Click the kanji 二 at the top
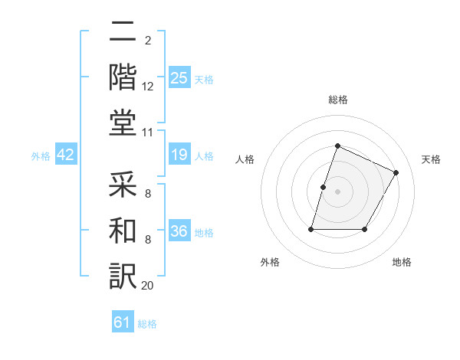(123, 33)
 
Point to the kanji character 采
(123, 184)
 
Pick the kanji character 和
(123, 229)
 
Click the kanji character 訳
(123, 273)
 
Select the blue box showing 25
(179, 77)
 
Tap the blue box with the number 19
(179, 155)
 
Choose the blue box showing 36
(179, 231)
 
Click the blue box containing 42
(66, 155)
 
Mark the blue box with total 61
(123, 322)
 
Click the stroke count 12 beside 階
(148, 88)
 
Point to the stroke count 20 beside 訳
(148, 285)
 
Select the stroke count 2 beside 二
(147, 40)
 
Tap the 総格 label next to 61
(148, 324)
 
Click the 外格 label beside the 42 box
(40, 156)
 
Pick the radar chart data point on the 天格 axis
(396, 172)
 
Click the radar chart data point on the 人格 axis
(323, 187)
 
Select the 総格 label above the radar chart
(337, 100)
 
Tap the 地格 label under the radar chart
(402, 263)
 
